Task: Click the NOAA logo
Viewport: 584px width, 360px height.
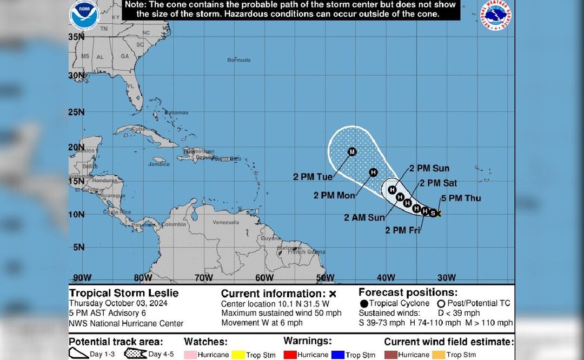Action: point(85,15)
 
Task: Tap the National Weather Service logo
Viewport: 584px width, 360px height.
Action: point(496,16)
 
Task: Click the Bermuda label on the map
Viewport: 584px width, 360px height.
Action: point(239,60)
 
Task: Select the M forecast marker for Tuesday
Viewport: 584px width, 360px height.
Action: point(352,152)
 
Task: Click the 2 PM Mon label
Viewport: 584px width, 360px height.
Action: point(334,196)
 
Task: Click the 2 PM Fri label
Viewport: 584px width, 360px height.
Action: point(402,230)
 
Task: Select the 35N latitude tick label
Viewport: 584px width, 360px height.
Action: point(77,37)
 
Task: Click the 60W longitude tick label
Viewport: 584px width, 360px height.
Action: point(264,278)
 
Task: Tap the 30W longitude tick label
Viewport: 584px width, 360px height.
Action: point(447,278)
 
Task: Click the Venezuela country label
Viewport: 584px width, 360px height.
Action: point(225,222)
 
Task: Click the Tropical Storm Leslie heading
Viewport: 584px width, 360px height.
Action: point(124,293)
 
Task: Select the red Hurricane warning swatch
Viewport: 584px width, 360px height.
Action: point(290,355)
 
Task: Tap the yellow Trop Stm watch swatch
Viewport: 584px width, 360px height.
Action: point(238,355)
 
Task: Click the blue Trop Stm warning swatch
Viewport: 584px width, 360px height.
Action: point(338,355)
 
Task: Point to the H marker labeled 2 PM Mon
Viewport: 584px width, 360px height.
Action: point(373,172)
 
